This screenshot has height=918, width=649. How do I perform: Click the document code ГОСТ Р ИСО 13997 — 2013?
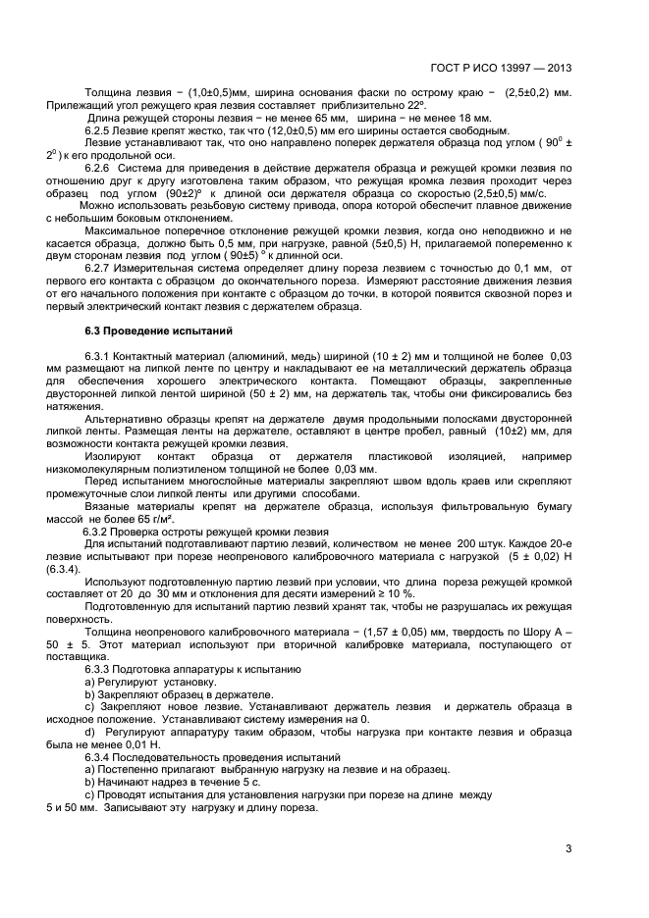pos(501,68)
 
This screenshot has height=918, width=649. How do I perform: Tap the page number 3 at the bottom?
pos(568,849)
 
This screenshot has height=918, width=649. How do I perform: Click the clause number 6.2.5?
pos(100,129)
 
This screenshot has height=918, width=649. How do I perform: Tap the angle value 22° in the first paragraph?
pos(416,105)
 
